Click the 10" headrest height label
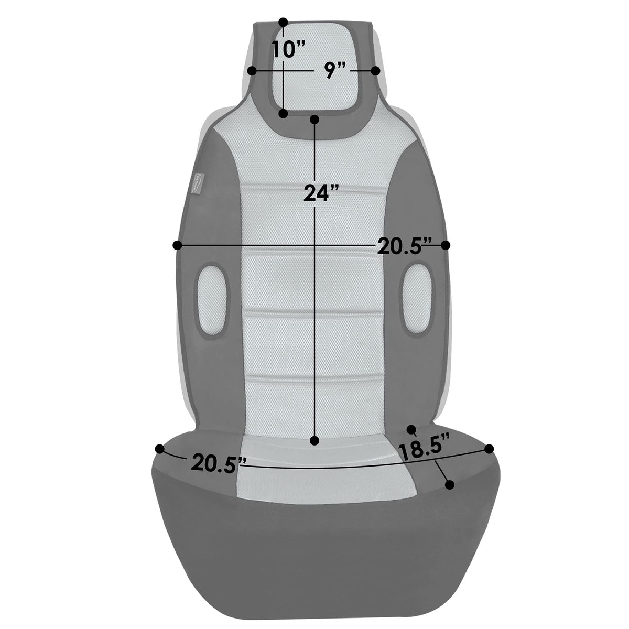click(288, 50)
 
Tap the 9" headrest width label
click(335, 70)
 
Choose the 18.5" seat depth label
click(425, 451)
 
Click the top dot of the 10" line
click(284, 22)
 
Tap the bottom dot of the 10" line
click(284, 114)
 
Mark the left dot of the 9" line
click(252, 71)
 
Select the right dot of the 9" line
click(376, 71)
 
